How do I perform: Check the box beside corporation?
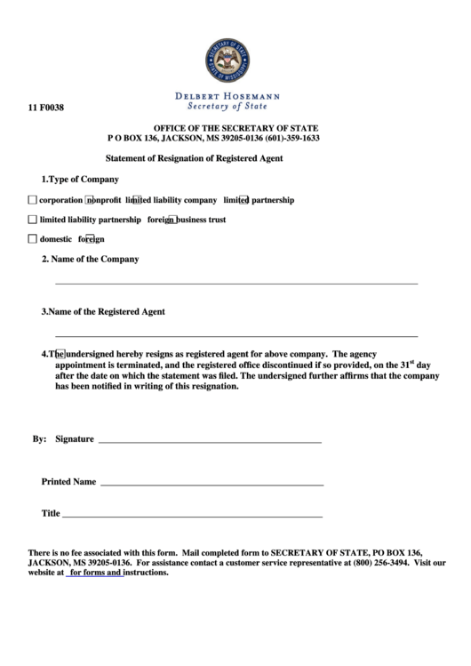(x=33, y=200)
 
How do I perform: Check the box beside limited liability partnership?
(x=33, y=219)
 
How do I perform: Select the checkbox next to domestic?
(x=33, y=238)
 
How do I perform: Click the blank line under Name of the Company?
(x=236, y=282)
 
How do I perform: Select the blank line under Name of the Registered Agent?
(x=236, y=336)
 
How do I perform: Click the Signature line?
(x=210, y=441)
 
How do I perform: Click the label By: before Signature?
(x=39, y=439)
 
